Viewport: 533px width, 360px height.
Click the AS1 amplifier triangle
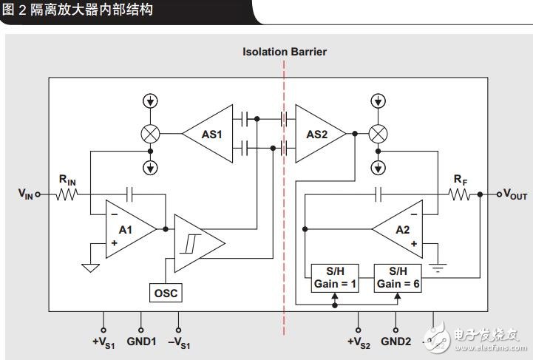coord(211,134)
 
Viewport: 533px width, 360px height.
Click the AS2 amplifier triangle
coord(316,134)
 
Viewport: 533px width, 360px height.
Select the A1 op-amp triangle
coord(128,230)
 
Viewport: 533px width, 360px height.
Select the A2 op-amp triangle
coord(399,230)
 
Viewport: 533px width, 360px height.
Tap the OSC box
coord(166,293)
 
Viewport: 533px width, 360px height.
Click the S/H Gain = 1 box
coord(333,278)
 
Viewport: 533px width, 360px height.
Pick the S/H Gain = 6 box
coord(398,278)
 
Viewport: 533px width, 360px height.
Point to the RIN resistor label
coord(68,179)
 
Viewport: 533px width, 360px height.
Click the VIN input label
coord(26,194)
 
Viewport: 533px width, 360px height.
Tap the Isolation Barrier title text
coord(285,52)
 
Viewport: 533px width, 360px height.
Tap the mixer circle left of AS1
coord(151,134)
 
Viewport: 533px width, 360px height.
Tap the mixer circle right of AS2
coord(378,134)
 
